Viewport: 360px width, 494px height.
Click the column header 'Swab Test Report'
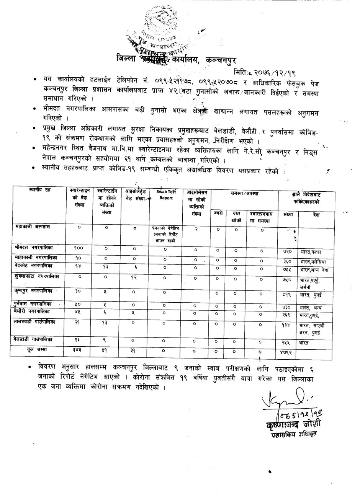tap(166, 195)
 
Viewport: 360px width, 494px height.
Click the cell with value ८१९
tap(288, 295)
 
